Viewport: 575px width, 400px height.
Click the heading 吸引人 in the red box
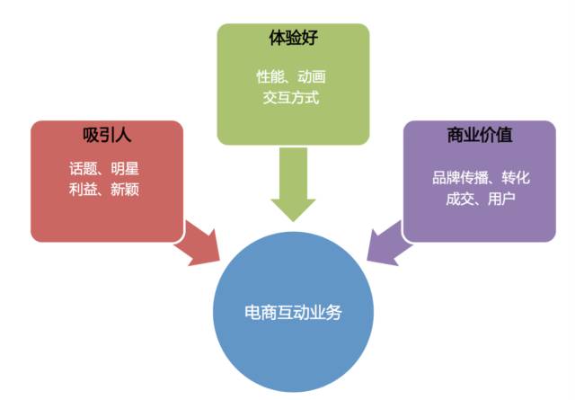click(108, 138)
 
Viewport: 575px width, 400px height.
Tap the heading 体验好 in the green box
click(293, 40)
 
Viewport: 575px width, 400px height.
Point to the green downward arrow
click(293, 184)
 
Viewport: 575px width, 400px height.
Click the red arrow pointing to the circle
click(199, 244)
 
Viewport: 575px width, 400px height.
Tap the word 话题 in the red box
click(82, 169)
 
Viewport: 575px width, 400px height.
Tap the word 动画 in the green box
click(314, 76)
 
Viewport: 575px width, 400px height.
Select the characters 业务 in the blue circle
click(326, 315)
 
